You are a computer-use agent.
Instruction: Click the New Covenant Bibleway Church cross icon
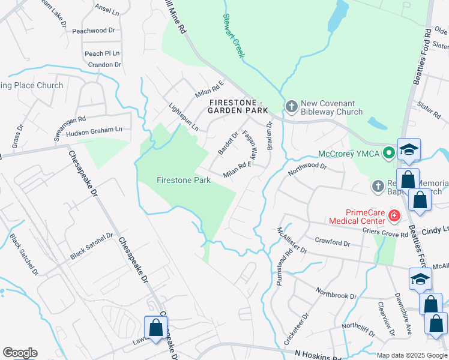[291, 107]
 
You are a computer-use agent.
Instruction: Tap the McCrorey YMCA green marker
[389, 152]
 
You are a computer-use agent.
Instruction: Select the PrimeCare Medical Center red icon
[394, 215]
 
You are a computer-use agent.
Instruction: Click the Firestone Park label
[183, 180]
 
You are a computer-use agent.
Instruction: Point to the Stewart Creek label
[234, 36]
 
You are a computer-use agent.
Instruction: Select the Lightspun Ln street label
[183, 116]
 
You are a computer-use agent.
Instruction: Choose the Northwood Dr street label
[306, 167]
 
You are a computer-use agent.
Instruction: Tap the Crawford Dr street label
[332, 242]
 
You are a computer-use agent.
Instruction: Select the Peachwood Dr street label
[93, 30]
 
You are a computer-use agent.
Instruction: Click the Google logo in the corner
[20, 353]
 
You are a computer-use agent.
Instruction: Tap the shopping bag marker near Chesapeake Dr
[155, 328]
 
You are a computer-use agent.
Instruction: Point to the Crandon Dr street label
[104, 64]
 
